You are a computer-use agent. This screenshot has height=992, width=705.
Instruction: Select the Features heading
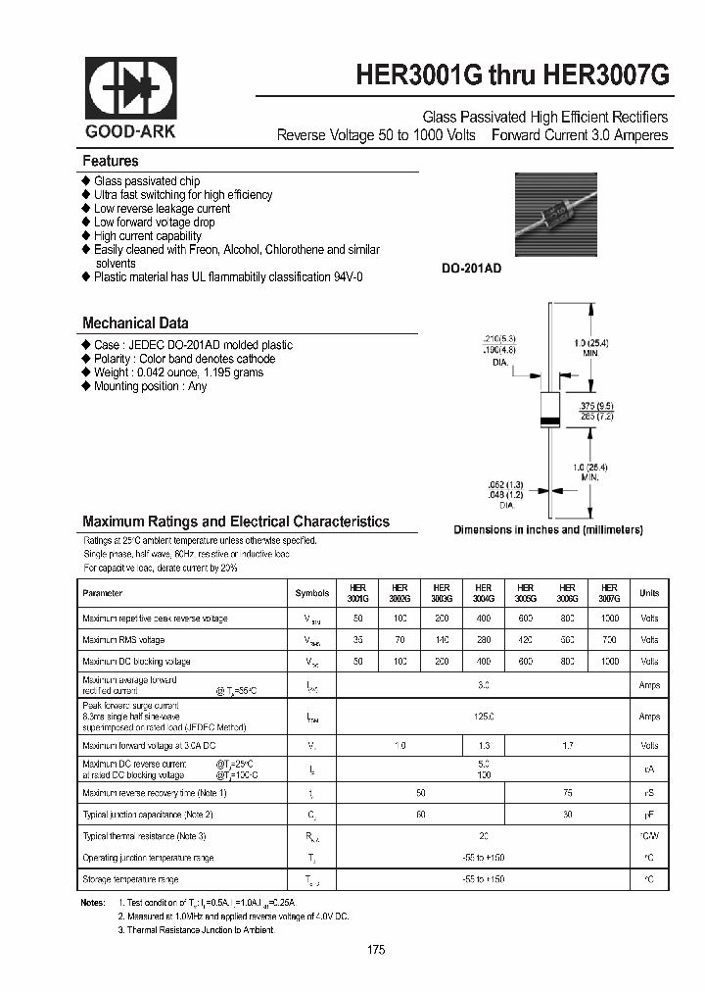click(x=111, y=161)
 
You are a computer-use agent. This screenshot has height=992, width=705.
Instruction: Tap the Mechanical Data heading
click(x=135, y=322)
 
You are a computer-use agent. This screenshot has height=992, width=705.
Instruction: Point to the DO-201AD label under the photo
click(x=472, y=268)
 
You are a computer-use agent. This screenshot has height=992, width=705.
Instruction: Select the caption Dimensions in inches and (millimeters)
click(x=547, y=529)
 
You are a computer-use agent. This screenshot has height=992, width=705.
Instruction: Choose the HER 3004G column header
click(x=483, y=593)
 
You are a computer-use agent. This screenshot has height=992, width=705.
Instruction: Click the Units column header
click(x=649, y=593)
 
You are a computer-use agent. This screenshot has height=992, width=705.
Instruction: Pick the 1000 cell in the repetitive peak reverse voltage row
click(x=609, y=619)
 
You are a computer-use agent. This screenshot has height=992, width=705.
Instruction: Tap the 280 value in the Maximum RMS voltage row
click(x=483, y=640)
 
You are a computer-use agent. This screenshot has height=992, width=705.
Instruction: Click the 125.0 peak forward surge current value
click(x=484, y=717)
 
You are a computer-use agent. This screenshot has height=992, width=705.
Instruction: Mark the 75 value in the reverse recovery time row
click(x=567, y=792)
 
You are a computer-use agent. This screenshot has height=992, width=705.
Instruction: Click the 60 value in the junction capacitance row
click(x=421, y=814)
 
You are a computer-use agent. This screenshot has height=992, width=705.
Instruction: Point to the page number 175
click(x=377, y=950)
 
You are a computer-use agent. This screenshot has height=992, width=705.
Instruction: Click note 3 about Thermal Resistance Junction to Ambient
click(x=197, y=929)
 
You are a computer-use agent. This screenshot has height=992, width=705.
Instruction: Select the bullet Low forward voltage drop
click(x=154, y=223)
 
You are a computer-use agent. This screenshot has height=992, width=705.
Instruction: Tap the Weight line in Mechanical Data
click(x=178, y=372)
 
